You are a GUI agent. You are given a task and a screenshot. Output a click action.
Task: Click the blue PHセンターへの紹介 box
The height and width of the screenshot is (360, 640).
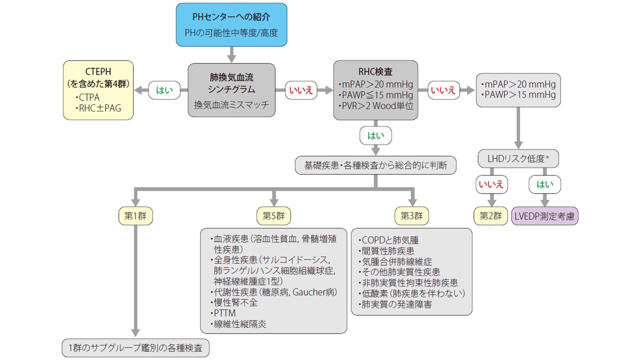(x=231, y=25)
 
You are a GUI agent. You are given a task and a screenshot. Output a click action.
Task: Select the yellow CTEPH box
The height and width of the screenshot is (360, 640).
(x=98, y=90)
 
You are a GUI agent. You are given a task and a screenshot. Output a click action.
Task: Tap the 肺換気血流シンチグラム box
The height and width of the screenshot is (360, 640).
(x=231, y=90)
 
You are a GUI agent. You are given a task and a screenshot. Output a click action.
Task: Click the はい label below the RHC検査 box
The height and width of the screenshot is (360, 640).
(x=375, y=135)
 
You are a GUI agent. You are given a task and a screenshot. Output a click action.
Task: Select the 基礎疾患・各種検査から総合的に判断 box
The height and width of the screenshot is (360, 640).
(x=375, y=165)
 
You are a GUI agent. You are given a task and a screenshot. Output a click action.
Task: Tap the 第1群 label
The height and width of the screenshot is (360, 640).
(x=135, y=216)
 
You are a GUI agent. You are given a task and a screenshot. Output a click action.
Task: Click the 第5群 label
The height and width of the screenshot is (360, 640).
(x=273, y=216)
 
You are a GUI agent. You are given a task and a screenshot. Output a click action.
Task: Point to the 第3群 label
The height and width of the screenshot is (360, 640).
(x=411, y=216)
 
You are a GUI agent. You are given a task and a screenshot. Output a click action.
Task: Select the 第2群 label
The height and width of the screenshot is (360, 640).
(x=490, y=216)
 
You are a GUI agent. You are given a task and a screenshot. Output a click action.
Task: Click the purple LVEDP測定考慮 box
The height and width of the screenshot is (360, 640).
(x=544, y=216)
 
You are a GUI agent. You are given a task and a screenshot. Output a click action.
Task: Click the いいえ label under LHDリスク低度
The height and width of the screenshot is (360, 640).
(x=490, y=184)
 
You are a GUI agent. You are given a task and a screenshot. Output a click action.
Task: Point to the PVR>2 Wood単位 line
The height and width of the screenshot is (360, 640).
(x=376, y=106)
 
